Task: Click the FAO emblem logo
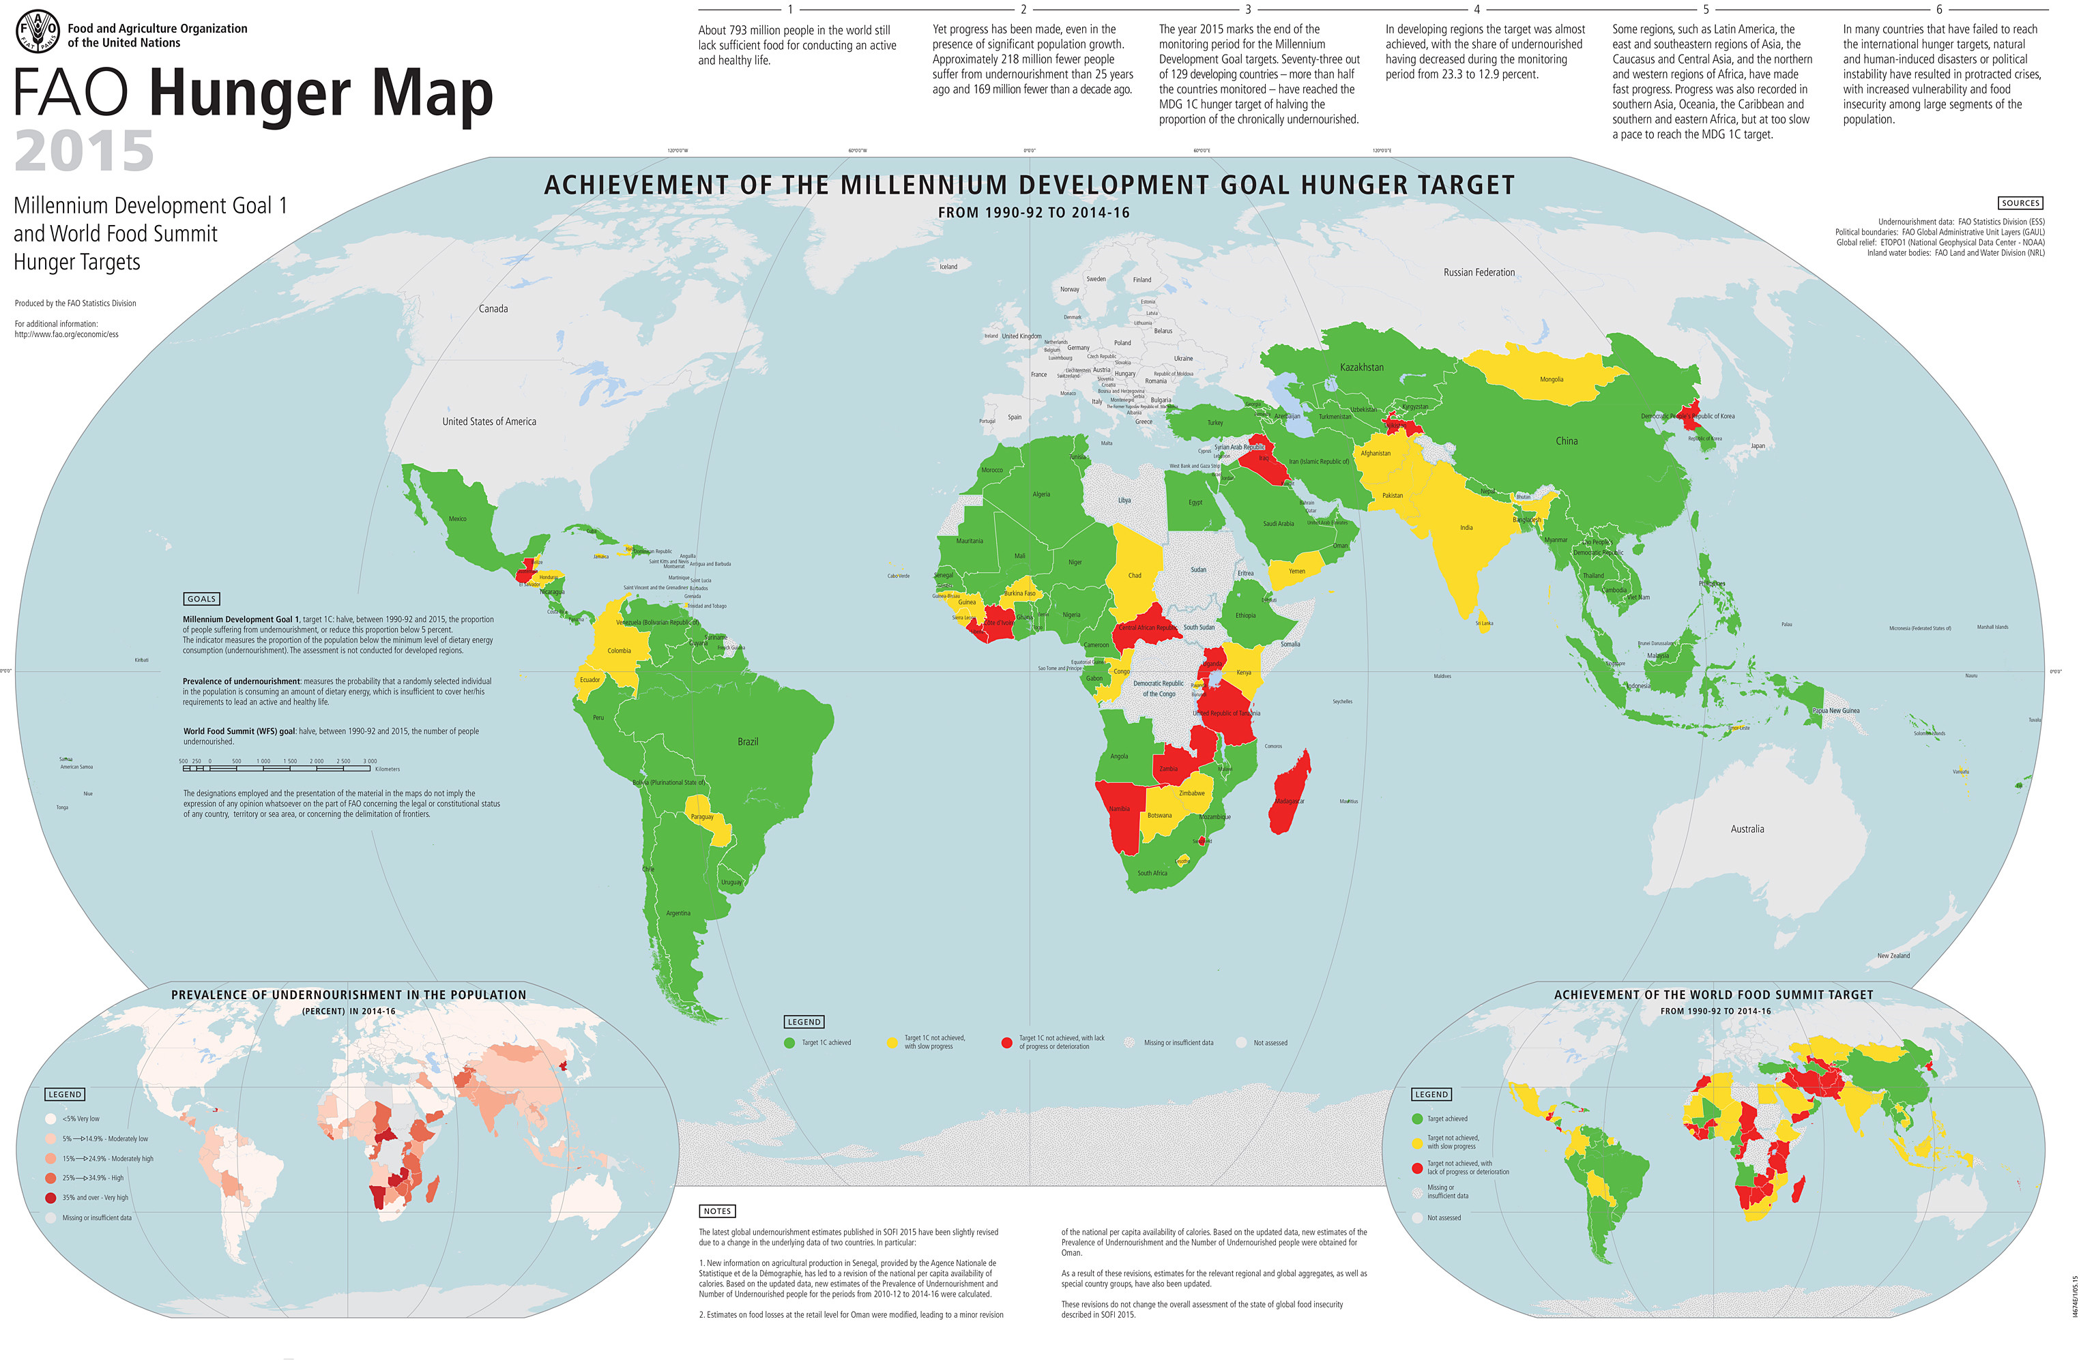click(x=38, y=32)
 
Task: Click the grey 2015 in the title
click(x=84, y=151)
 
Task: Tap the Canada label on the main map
click(x=493, y=308)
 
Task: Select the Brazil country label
click(x=748, y=741)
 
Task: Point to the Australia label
click(x=1747, y=829)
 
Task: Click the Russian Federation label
click(x=1479, y=273)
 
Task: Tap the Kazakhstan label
click(x=1361, y=367)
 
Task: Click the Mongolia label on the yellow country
click(x=1551, y=379)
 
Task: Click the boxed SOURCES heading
click(x=2020, y=203)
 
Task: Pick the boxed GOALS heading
click(x=201, y=599)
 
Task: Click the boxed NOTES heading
click(x=717, y=1211)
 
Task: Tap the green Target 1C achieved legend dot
click(x=789, y=1043)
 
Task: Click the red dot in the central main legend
click(x=1006, y=1043)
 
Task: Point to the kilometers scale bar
click(x=276, y=768)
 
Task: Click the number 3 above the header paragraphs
click(x=1248, y=10)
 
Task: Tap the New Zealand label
click(x=1893, y=956)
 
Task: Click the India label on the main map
click(x=1466, y=527)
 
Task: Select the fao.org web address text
click(x=66, y=334)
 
